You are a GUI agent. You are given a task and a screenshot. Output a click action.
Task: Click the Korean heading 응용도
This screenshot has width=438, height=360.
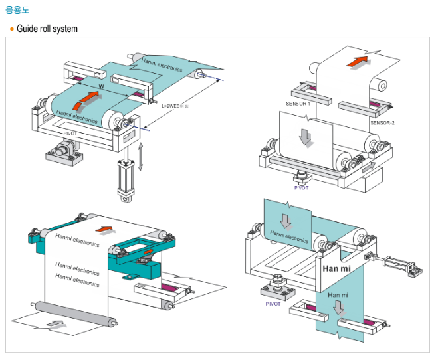[17, 10]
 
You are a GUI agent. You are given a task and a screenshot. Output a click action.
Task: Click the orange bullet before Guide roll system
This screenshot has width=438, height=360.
[12, 29]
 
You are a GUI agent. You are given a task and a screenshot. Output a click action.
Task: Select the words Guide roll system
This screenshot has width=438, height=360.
[47, 29]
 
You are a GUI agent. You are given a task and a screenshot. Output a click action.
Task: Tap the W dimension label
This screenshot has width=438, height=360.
[101, 87]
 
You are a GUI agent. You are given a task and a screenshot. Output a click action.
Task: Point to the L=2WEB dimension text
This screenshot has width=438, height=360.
[176, 105]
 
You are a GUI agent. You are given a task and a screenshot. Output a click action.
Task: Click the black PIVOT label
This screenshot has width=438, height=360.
[71, 134]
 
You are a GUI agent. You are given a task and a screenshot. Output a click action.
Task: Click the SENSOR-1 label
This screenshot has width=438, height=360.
[298, 103]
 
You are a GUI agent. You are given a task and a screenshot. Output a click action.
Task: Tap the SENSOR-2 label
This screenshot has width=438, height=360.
[382, 123]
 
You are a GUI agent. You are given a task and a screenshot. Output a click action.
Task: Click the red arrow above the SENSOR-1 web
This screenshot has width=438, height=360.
[358, 62]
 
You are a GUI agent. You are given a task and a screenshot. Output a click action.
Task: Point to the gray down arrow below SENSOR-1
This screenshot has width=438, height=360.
[306, 135]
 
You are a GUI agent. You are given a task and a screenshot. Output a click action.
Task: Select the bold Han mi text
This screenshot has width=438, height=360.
[336, 269]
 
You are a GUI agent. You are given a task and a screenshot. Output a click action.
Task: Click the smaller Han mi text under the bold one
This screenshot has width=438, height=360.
[338, 293]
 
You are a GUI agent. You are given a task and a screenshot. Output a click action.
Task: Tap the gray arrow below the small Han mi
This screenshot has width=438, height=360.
[339, 308]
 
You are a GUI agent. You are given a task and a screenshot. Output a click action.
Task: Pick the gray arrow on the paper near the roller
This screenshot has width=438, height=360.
[58, 325]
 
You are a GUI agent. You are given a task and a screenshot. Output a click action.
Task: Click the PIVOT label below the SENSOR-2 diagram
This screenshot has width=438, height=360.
[302, 187]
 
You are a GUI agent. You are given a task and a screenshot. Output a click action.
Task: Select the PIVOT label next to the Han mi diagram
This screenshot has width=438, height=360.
[273, 303]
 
